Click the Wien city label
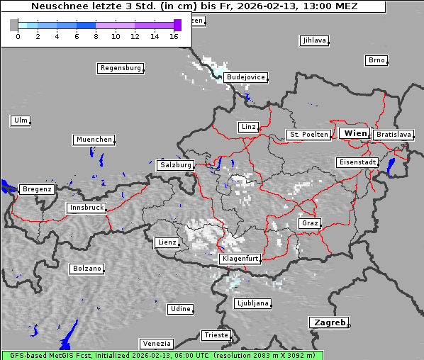pyautogui.click(x=355, y=133)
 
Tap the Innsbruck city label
pyautogui.click(x=86, y=208)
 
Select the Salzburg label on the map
pyautogui.click(x=175, y=164)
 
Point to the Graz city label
pyautogui.click(x=309, y=223)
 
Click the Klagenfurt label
pyautogui.click(x=240, y=259)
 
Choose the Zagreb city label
pyautogui.click(x=328, y=322)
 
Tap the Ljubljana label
pyautogui.click(x=252, y=303)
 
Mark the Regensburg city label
pyautogui.click(x=120, y=68)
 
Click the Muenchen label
pyautogui.click(x=94, y=140)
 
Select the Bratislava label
pyautogui.click(x=393, y=134)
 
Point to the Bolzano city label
pyautogui.click(x=87, y=269)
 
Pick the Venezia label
pyautogui.click(x=155, y=344)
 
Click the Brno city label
pyautogui.click(x=376, y=60)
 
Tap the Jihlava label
pyautogui.click(x=314, y=40)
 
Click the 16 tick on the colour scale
pyautogui.click(x=174, y=36)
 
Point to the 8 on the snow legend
pyautogui.click(x=96, y=36)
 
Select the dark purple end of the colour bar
pyautogui.click(x=177, y=25)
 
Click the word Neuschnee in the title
pyautogui.click(x=55, y=6)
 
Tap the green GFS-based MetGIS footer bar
pyautogui.click(x=162, y=355)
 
